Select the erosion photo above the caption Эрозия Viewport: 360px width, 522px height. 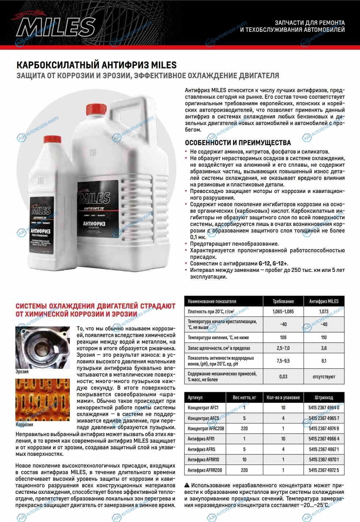[x=42, y=347]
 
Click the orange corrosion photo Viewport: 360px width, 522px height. [x=42, y=400]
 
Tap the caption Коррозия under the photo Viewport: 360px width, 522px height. [x=24, y=424]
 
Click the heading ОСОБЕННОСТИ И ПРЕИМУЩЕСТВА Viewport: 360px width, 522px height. [x=238, y=143]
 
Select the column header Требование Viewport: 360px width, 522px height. [x=283, y=301]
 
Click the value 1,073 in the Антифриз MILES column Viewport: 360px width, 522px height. [x=324, y=311]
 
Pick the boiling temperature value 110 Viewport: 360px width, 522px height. [x=324, y=337]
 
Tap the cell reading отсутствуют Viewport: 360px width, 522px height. [x=324, y=377]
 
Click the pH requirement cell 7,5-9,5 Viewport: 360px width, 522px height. [x=283, y=361]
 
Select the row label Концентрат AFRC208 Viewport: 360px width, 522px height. [x=206, y=428]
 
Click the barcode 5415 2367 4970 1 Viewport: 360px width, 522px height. [x=324, y=459]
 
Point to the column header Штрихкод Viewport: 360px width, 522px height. [x=324, y=397]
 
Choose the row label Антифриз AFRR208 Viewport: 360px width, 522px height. [x=205, y=470]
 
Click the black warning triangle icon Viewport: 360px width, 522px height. [x=187, y=485]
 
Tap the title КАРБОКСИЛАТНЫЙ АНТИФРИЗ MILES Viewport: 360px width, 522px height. [x=97, y=65]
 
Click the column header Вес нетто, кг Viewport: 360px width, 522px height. [x=244, y=397]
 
